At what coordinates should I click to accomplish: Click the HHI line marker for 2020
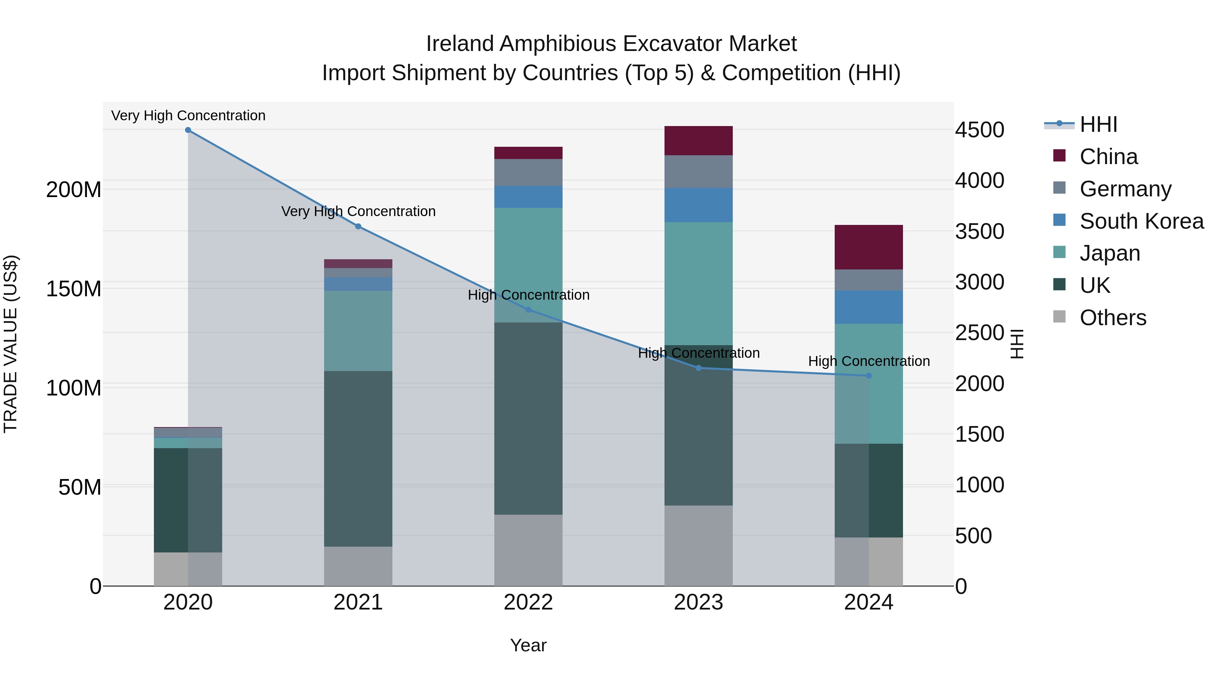coord(188,130)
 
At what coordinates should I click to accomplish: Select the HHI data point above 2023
coord(698,368)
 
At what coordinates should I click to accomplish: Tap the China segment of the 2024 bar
coord(868,247)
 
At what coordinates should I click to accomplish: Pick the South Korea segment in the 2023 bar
coord(698,205)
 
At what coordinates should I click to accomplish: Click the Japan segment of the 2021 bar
coord(358,331)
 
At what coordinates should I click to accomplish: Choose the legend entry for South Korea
coord(1141,221)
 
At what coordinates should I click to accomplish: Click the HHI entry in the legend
coord(1098,124)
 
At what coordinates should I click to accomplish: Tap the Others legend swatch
coord(1059,317)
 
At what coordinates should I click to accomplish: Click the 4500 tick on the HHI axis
coord(979,130)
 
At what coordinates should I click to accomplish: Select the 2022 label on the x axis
coord(528,602)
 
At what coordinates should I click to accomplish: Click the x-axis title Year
coord(528,645)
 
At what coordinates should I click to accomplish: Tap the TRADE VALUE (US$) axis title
coord(11,344)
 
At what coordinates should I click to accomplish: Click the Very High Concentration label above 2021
coord(358,211)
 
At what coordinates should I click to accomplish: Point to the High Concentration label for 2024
coord(868,361)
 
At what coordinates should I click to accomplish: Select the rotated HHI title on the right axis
coord(1016,344)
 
